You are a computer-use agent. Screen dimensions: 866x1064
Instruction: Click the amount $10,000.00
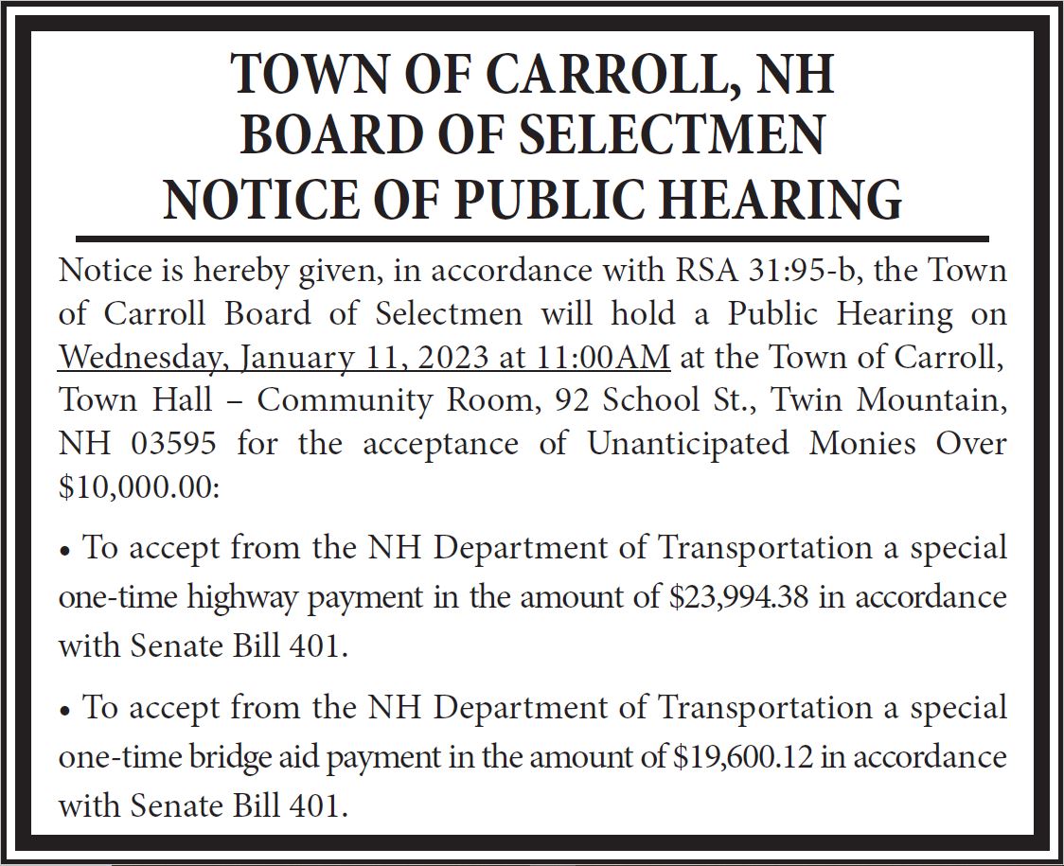tap(138, 486)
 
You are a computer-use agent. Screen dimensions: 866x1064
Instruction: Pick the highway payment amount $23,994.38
tap(738, 598)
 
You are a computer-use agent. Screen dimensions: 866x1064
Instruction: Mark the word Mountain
tap(931, 400)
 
